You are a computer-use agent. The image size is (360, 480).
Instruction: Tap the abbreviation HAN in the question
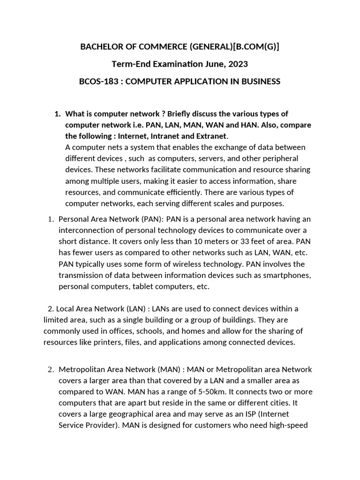click(x=262, y=125)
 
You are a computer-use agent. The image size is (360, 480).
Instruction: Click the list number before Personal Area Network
click(x=52, y=219)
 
